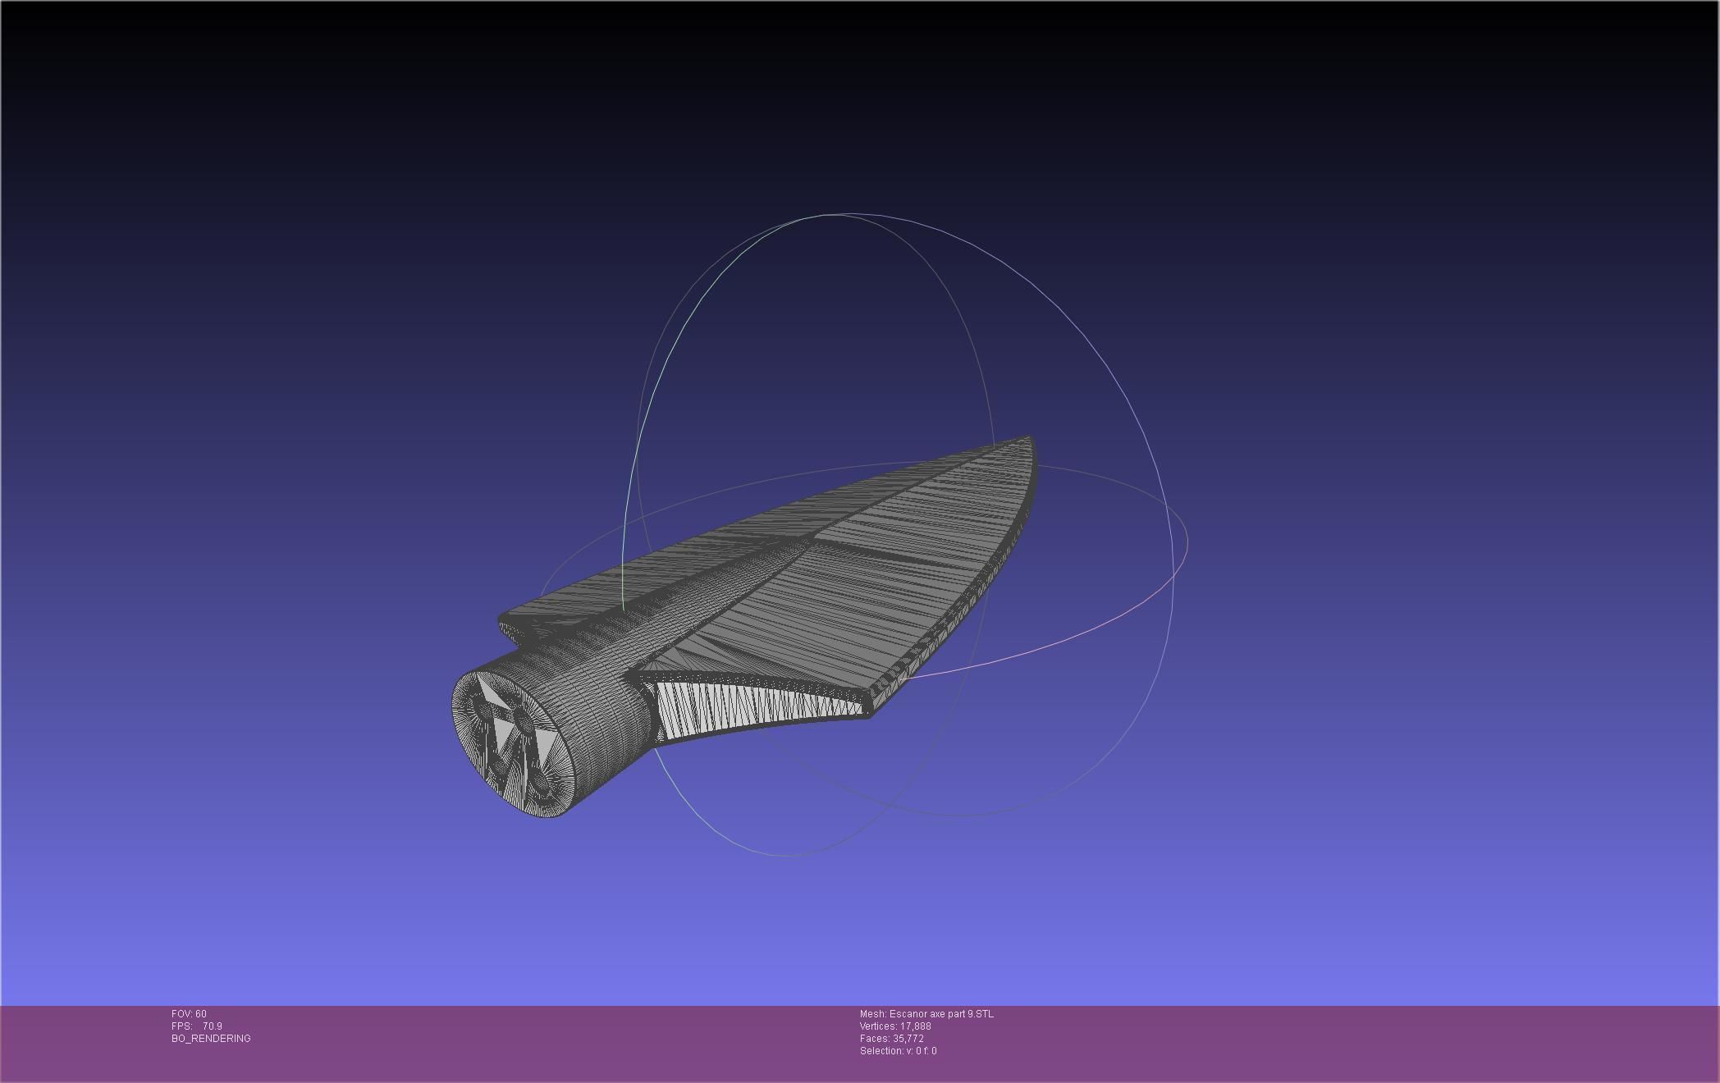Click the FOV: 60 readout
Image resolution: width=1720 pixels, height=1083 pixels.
point(189,1014)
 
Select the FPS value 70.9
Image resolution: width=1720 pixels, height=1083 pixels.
point(213,1026)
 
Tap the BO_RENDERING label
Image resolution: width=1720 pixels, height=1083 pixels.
point(211,1039)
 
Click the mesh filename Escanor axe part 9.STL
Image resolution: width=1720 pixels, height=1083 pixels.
point(940,1014)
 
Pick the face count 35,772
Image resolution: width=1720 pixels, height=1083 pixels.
point(908,1039)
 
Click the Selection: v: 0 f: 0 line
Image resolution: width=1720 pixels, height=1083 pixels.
point(898,1051)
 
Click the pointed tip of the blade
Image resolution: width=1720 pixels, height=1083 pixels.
point(1029,439)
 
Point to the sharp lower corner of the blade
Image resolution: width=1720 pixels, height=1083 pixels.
point(868,714)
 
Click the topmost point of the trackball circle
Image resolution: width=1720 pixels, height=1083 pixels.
point(833,215)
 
